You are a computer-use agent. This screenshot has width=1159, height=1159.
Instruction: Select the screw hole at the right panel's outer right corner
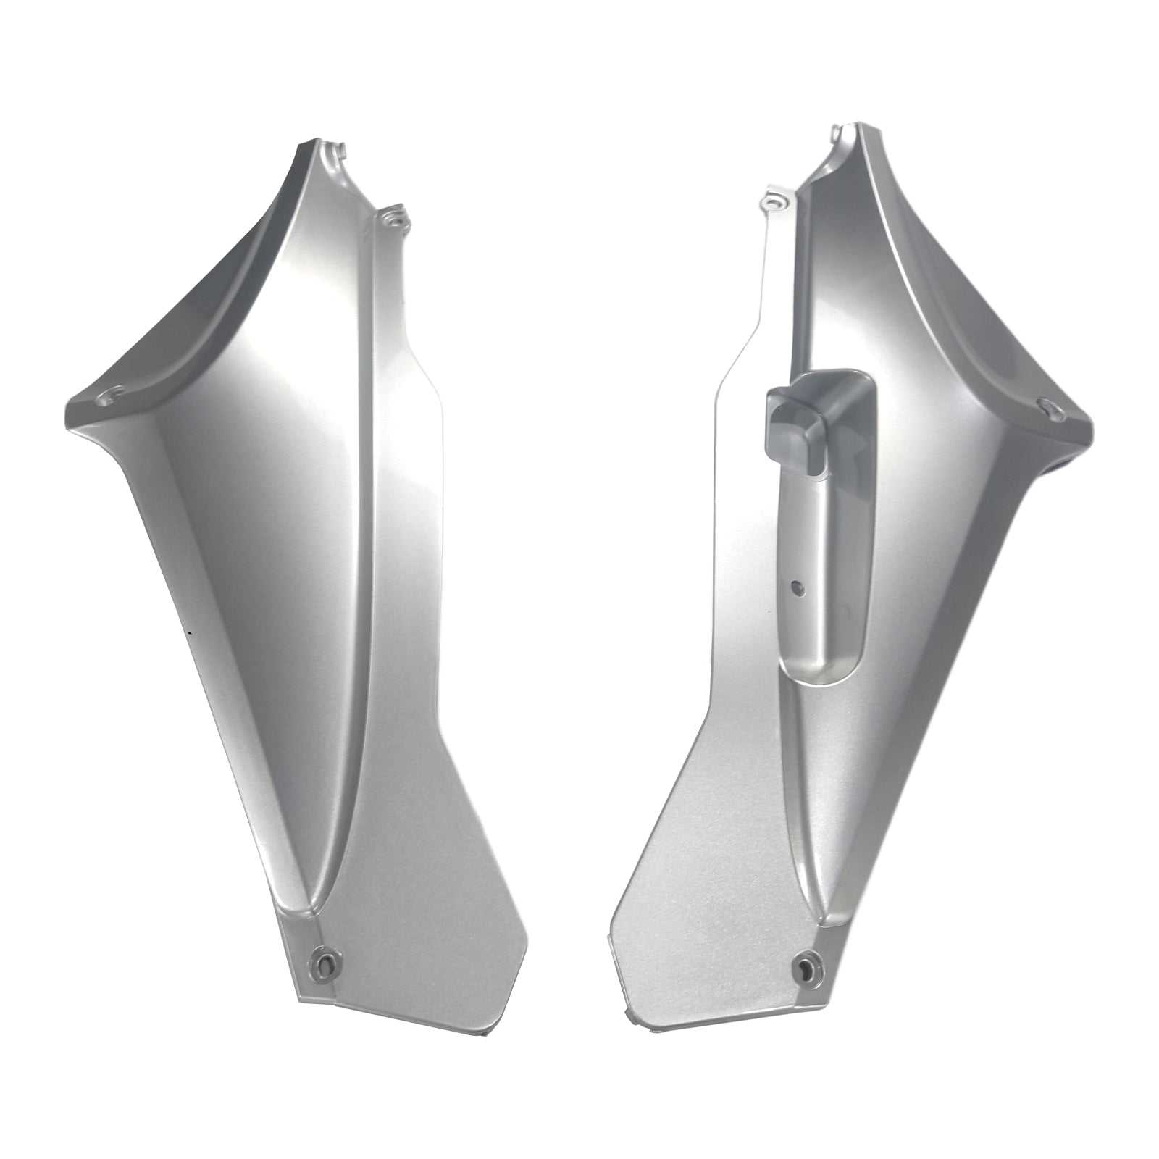pyautogui.click(x=1045, y=408)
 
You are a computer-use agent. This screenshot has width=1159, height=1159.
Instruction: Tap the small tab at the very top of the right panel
pyautogui.click(x=839, y=134)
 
